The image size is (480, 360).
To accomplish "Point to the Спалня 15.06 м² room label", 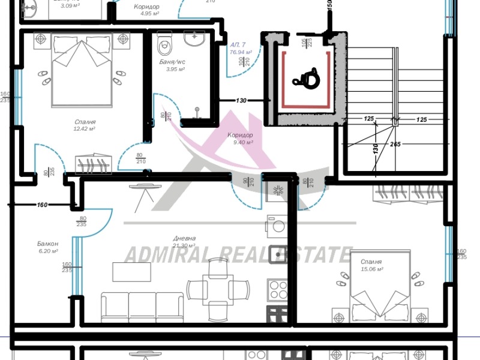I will click(x=371, y=266).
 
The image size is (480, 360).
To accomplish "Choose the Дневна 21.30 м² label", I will click(x=184, y=242).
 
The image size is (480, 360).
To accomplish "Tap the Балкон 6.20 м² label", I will click(x=47, y=247).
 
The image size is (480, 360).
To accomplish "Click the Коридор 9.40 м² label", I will click(x=240, y=139).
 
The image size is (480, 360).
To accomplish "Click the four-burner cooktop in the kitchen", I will click(x=278, y=290).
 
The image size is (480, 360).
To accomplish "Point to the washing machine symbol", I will click(x=278, y=227).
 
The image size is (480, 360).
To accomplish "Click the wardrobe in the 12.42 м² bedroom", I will click(x=93, y=164).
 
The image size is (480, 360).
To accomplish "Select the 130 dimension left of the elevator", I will click(x=241, y=101).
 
